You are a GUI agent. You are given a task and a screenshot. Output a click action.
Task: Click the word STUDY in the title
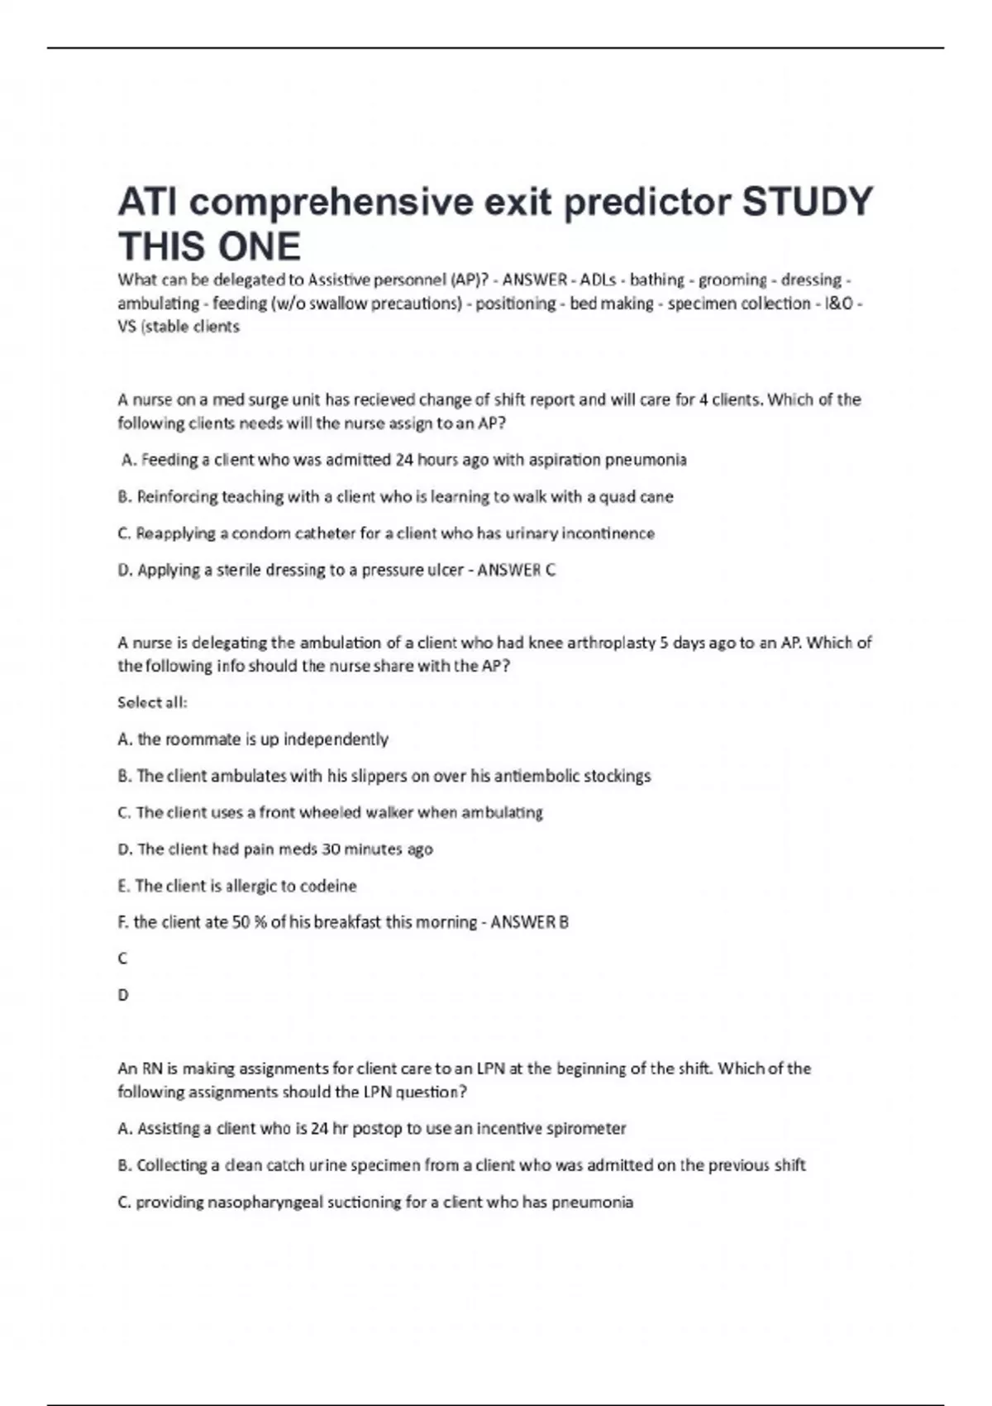click(x=807, y=202)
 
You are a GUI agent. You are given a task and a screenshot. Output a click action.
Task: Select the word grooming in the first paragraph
click(x=732, y=280)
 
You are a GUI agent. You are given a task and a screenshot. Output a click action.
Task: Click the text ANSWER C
click(x=517, y=570)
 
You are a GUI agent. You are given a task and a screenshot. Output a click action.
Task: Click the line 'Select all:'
click(x=153, y=702)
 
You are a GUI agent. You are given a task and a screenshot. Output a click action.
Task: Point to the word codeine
click(x=329, y=886)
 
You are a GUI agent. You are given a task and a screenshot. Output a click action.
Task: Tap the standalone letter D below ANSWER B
click(x=123, y=995)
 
